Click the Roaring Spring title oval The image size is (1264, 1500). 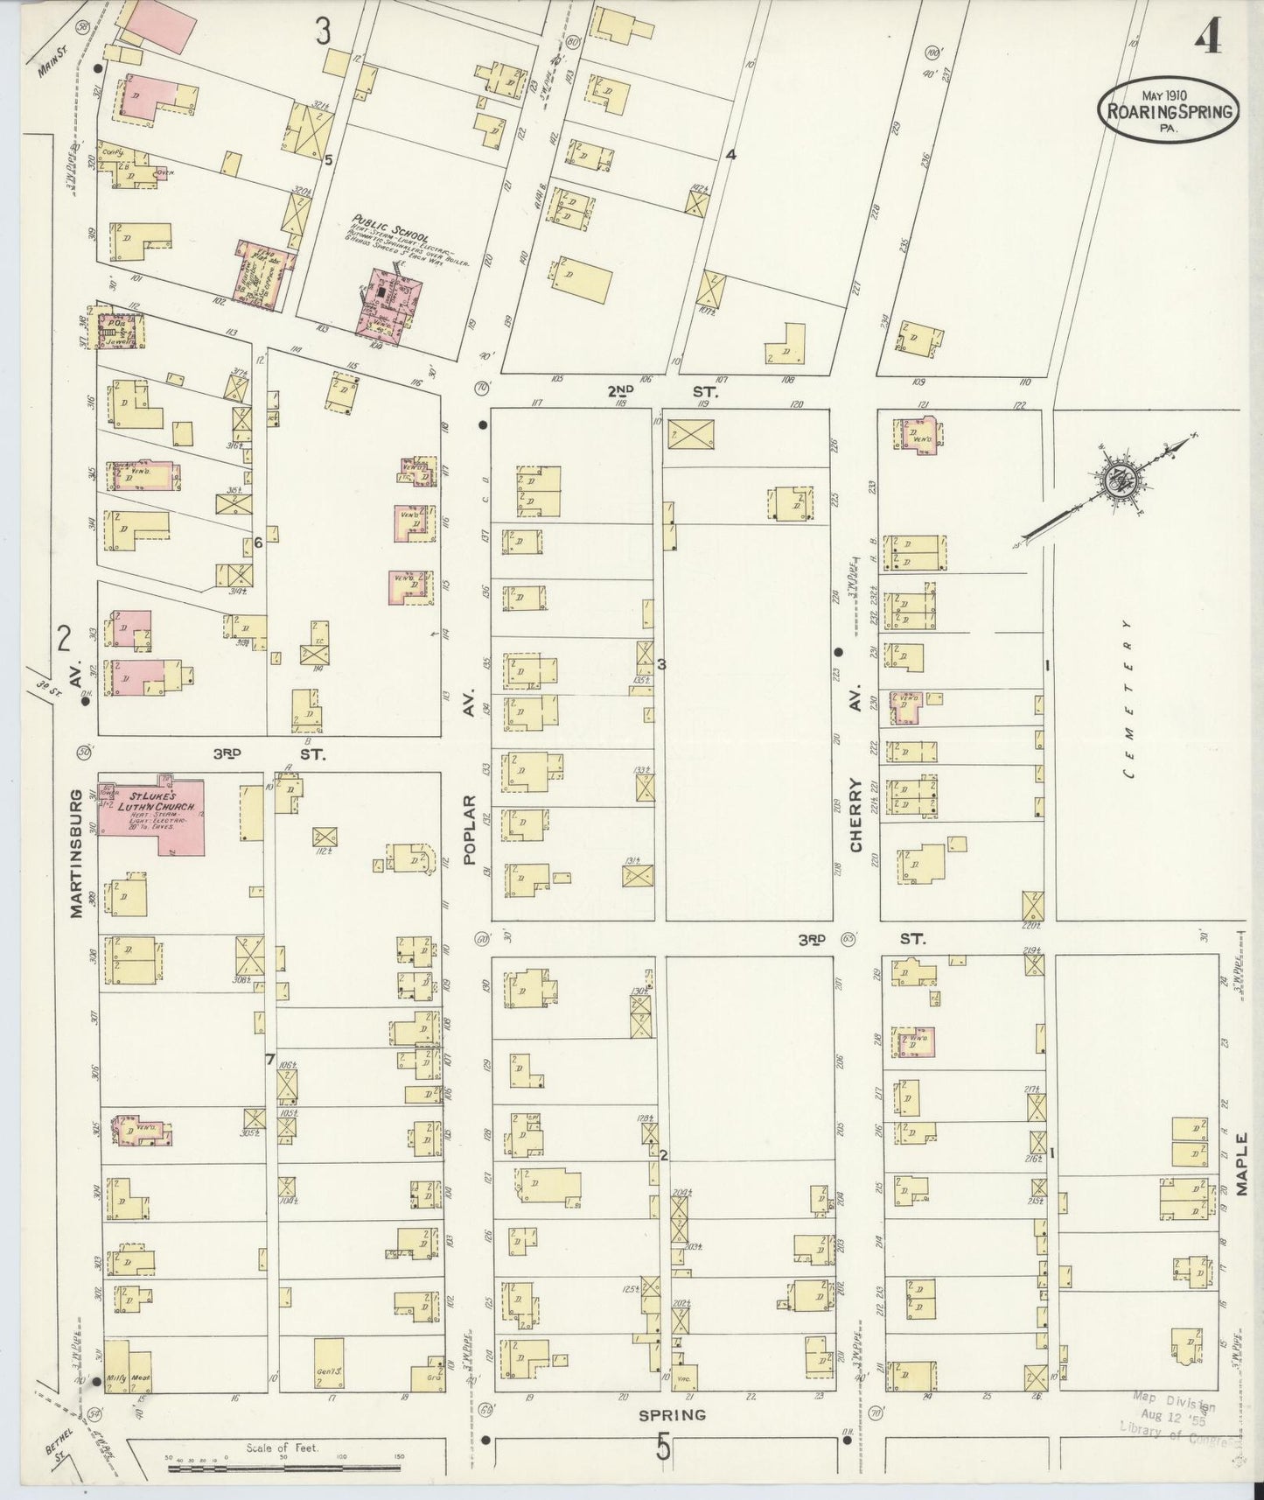(1169, 110)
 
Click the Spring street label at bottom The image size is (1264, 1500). (671, 1414)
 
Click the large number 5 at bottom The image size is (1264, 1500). (663, 1449)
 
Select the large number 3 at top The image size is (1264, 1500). (323, 32)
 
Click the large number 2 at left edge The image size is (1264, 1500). (63, 640)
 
